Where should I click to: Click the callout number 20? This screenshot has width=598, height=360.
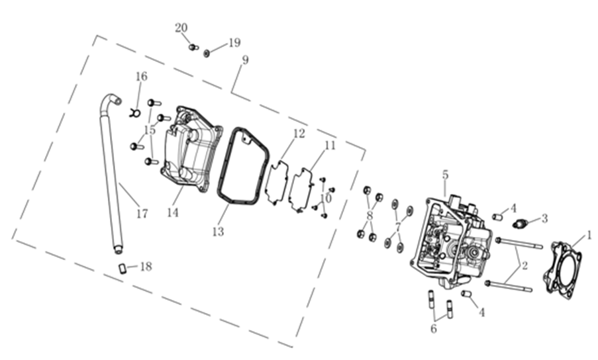pyautogui.click(x=181, y=28)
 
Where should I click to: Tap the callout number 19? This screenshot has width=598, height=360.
pyautogui.click(x=234, y=43)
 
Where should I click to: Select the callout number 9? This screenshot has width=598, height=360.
pyautogui.click(x=246, y=60)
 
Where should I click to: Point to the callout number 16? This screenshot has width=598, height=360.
pyautogui.click(x=142, y=77)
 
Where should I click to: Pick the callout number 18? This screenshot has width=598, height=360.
pyautogui.click(x=146, y=266)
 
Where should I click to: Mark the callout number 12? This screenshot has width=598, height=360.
pyautogui.click(x=299, y=134)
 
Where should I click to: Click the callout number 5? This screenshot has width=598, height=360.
pyautogui.click(x=445, y=175)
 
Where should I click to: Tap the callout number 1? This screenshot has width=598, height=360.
pyautogui.click(x=589, y=235)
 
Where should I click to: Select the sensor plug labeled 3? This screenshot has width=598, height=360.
pyautogui.click(x=520, y=222)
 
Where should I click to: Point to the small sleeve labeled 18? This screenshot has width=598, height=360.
pyautogui.click(x=122, y=268)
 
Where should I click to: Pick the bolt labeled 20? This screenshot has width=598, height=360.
pyautogui.click(x=193, y=47)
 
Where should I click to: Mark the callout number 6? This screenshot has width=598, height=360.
pyautogui.click(x=434, y=329)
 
